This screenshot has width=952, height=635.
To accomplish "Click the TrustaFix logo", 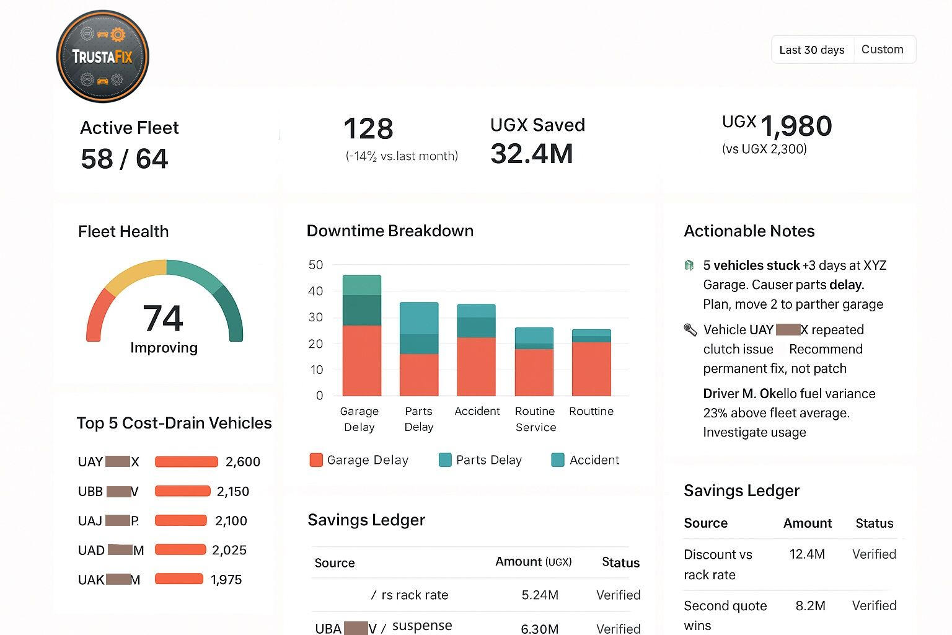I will (x=103, y=56).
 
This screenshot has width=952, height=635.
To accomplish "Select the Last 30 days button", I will (x=811, y=50).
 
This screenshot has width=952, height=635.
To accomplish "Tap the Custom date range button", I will (x=882, y=50).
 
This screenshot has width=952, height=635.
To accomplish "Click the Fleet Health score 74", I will (x=163, y=318).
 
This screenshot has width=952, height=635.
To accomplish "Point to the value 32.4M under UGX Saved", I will (x=531, y=153).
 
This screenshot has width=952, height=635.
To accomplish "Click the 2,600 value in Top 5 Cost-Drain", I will (x=242, y=462).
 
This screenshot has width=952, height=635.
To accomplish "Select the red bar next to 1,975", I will (x=179, y=579).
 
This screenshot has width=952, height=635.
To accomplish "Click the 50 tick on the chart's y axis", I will (x=316, y=265).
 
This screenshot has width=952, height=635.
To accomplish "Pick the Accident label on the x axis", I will (x=477, y=411).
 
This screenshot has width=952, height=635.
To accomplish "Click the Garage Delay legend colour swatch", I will (x=316, y=460).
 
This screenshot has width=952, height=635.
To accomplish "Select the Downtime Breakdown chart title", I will (x=390, y=231).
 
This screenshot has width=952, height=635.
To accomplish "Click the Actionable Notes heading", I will (x=749, y=231).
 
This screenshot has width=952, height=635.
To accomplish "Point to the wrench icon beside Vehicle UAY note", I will (x=690, y=330).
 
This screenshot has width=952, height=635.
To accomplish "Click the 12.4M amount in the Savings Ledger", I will (x=806, y=554).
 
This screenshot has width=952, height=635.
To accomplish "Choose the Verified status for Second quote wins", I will (x=874, y=606).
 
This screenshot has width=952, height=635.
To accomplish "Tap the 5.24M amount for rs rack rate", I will (x=540, y=595).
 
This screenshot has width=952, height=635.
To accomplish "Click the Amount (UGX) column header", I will (x=533, y=562).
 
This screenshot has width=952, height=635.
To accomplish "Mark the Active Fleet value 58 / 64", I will (x=125, y=159).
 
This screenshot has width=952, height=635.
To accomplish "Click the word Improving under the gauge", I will (x=164, y=348).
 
